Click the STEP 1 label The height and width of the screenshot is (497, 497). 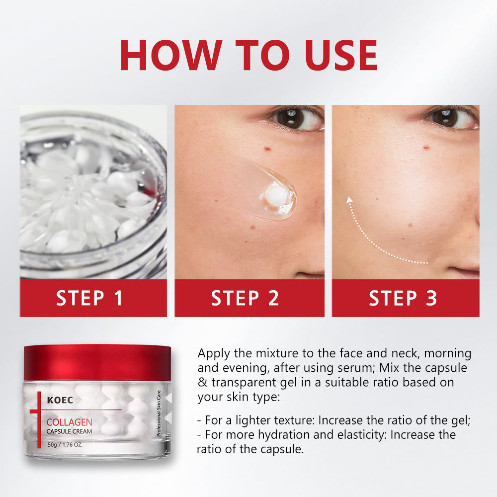coord(89,298)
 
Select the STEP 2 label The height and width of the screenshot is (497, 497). coord(245,298)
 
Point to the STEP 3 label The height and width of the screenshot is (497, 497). coord(403,298)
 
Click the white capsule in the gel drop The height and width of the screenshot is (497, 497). coord(277,195)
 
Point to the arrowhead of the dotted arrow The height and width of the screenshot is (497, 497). coord(349,200)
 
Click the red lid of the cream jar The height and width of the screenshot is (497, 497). coord(97,363)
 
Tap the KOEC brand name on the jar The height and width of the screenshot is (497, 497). coord(60,400)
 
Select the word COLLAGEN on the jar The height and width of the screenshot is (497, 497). coord(69,422)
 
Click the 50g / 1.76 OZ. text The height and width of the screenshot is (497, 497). coord(65,445)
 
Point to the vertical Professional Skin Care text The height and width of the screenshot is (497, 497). coord(159,414)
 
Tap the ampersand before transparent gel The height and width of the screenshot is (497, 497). coord(203,382)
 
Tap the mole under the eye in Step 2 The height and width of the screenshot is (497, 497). coord(268,148)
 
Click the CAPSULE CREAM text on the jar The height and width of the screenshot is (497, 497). coord(69,431)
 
